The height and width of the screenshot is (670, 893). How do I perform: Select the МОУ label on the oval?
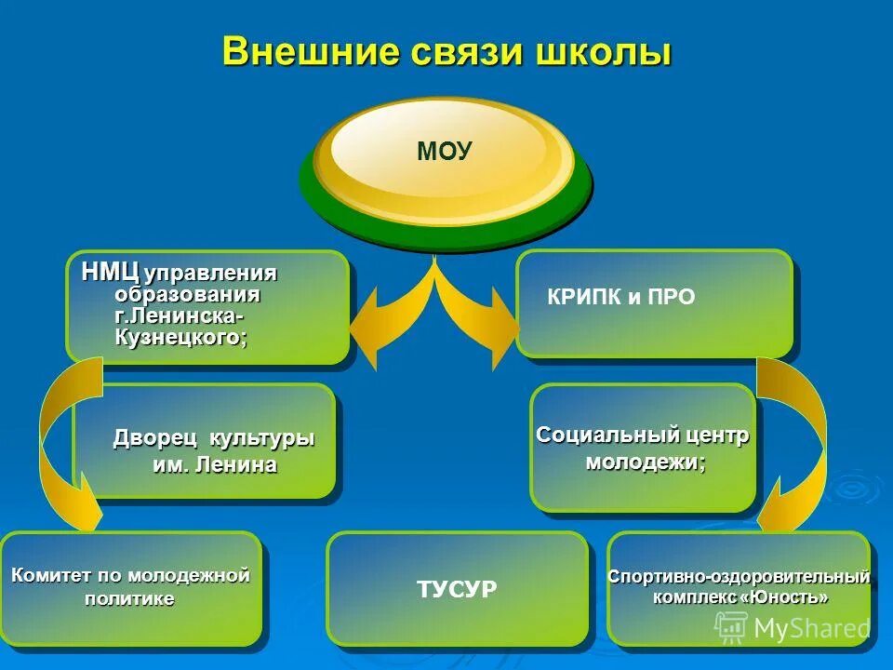tap(445, 152)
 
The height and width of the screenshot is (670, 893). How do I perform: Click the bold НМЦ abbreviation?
tap(110, 273)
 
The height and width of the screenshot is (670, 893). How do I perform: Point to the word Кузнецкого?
tap(181, 337)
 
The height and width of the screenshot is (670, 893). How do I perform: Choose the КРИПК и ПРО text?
tap(621, 298)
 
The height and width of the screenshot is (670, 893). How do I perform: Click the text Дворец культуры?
tap(214, 437)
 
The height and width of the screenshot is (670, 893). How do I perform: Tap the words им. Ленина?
tap(214, 464)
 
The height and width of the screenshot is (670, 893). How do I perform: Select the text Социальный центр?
tap(643, 435)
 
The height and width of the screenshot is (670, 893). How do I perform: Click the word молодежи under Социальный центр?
tap(645, 462)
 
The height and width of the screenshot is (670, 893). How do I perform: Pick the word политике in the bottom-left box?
tap(129, 598)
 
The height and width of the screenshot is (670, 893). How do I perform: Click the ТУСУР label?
tap(457, 588)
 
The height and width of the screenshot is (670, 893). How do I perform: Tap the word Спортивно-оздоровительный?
tap(739, 576)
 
